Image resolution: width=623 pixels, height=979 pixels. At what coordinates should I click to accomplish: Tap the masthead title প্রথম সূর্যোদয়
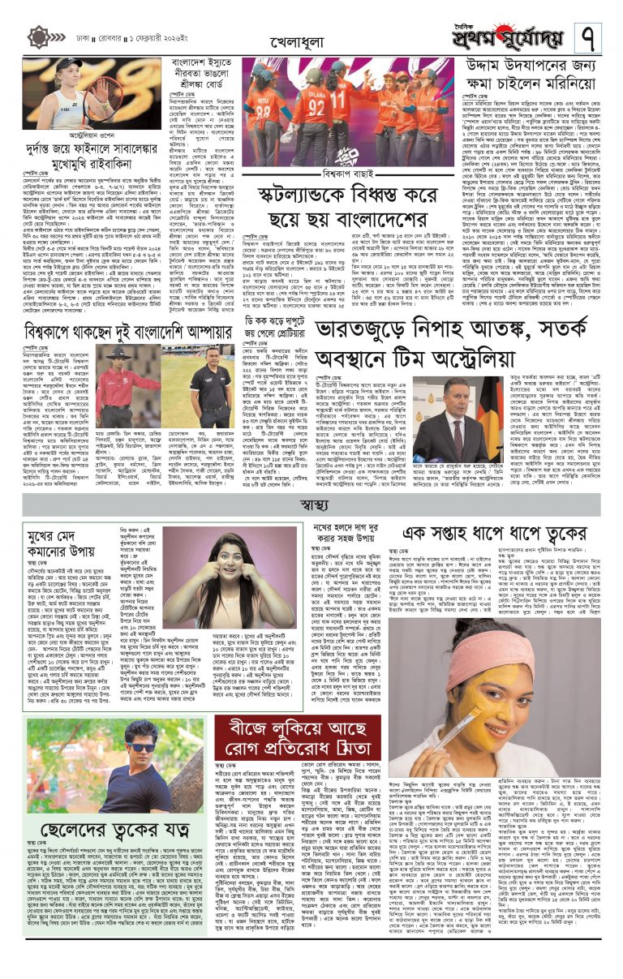click(x=509, y=36)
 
